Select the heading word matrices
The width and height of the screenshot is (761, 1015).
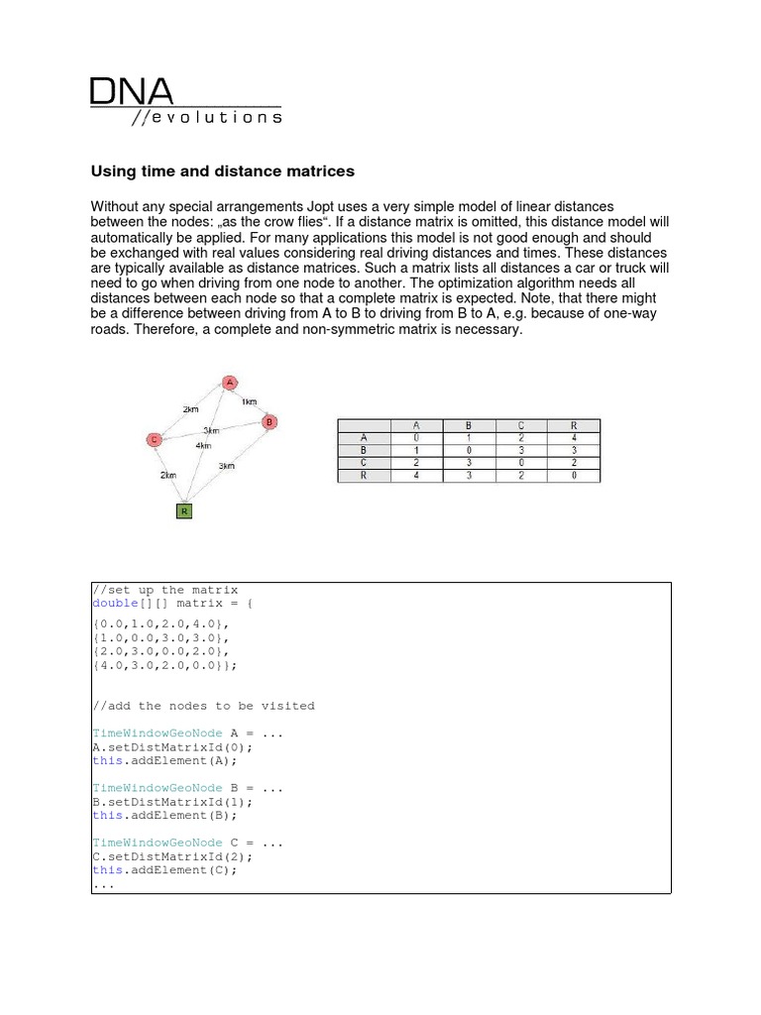[x=320, y=171]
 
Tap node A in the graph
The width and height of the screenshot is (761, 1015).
[x=229, y=383]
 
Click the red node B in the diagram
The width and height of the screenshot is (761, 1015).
[x=269, y=421]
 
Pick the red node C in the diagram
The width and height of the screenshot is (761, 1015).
[x=154, y=440]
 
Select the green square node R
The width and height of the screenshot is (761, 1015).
[x=184, y=511]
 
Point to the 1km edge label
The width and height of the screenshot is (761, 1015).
[x=249, y=401]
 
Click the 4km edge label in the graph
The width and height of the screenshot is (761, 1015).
[x=203, y=445]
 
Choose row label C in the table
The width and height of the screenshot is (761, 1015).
[x=364, y=462]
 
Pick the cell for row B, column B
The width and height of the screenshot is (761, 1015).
[x=470, y=450]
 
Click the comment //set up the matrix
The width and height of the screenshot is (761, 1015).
[x=165, y=590]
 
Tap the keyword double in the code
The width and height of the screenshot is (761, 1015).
[x=112, y=603]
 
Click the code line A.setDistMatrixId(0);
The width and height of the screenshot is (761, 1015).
[x=172, y=747]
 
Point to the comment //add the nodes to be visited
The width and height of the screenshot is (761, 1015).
[x=203, y=706]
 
